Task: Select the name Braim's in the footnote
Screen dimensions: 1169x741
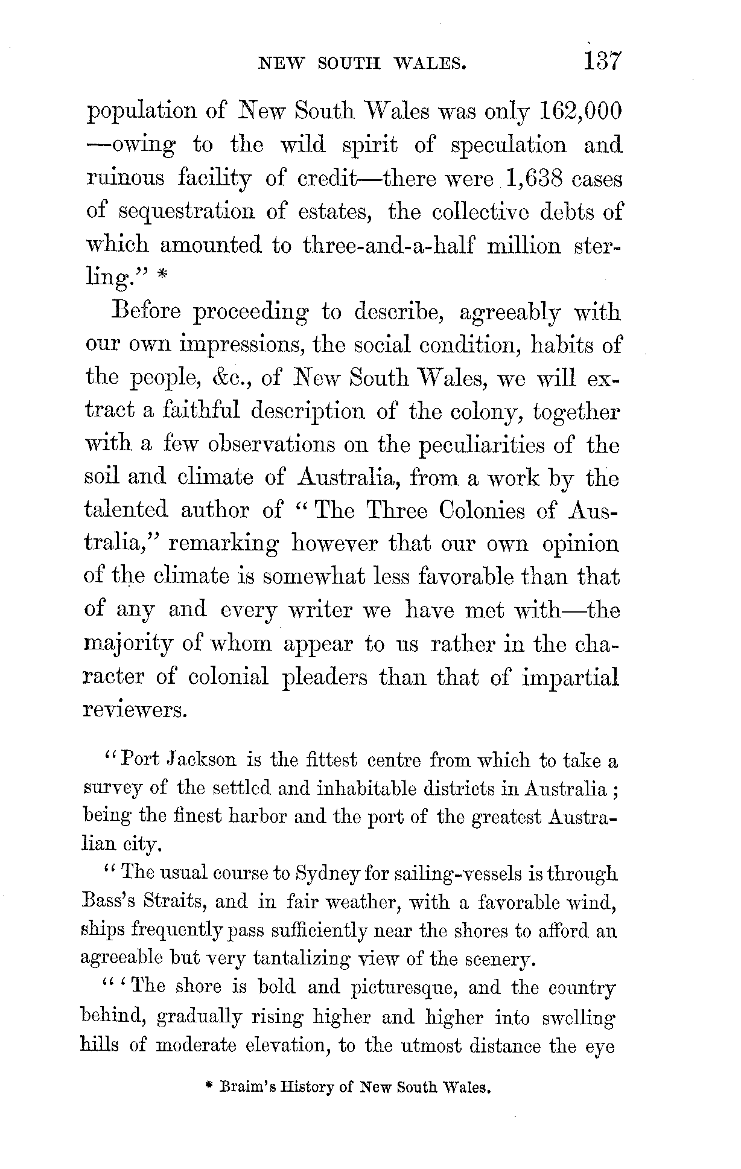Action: (246, 1088)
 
